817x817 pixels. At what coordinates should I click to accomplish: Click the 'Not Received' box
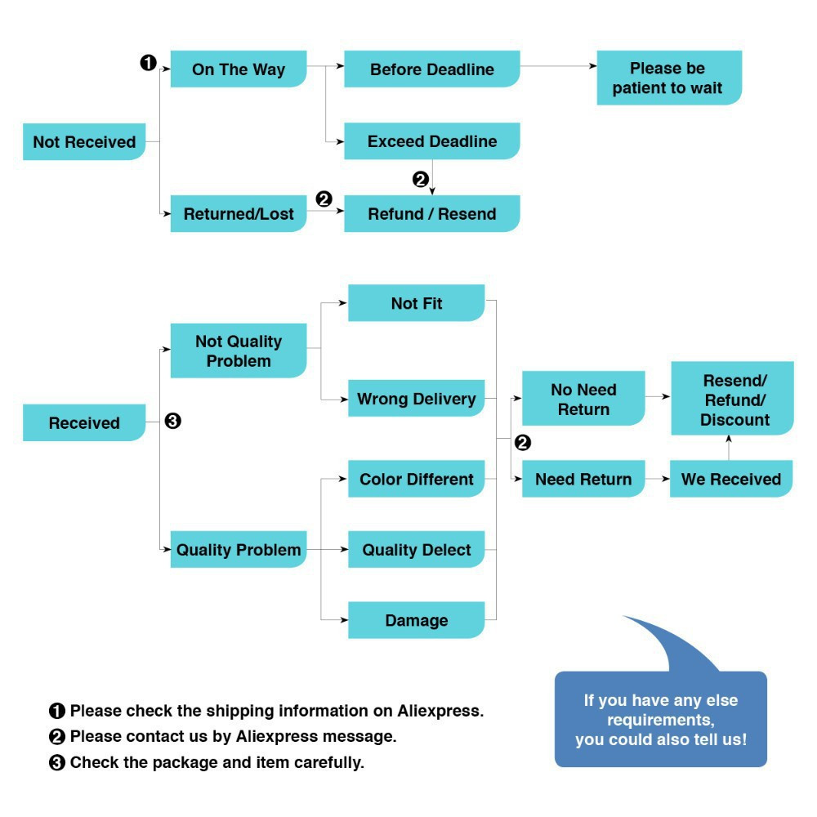[x=84, y=142]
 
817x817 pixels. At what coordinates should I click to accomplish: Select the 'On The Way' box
[x=238, y=69]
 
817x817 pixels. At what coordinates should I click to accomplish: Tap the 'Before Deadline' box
[x=431, y=69]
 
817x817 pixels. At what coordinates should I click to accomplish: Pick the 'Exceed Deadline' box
[x=431, y=141]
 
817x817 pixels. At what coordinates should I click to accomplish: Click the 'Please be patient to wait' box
[x=668, y=78]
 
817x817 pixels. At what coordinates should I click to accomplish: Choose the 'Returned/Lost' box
[x=238, y=214]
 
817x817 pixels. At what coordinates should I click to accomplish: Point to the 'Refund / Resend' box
[x=431, y=214]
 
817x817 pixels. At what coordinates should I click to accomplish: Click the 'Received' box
[x=84, y=423]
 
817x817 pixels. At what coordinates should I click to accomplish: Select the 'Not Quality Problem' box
[x=238, y=351]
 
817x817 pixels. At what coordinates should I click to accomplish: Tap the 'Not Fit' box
[x=416, y=303]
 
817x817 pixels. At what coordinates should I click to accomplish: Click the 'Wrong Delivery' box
[x=416, y=399]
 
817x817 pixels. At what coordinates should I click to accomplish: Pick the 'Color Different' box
[x=416, y=479]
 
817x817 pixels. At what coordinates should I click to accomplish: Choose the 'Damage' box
[x=416, y=620]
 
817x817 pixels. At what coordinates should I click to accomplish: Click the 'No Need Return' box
[x=583, y=399]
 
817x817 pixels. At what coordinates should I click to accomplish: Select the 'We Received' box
[x=730, y=479]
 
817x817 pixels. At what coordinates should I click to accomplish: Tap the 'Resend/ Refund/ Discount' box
[x=733, y=400]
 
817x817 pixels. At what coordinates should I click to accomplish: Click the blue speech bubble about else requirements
[x=660, y=720]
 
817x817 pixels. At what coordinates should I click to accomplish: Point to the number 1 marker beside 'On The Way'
[x=149, y=62]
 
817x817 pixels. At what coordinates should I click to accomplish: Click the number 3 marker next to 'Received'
[x=172, y=422]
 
